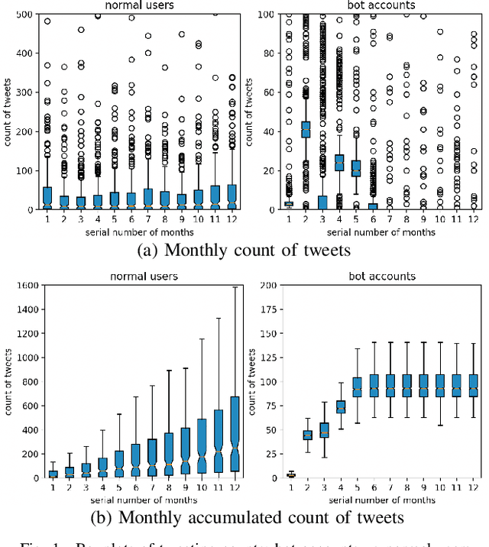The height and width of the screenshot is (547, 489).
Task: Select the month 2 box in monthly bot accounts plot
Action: pyautogui.click(x=306, y=129)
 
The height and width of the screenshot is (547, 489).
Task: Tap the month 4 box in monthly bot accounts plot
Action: pyautogui.click(x=338, y=163)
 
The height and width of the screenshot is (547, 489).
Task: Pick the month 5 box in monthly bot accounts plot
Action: pyautogui.click(x=355, y=168)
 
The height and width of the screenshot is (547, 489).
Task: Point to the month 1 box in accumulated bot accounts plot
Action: pyautogui.click(x=289, y=475)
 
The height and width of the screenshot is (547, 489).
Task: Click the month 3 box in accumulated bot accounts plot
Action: pyautogui.click(x=323, y=430)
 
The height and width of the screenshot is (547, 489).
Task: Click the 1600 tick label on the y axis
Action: pyautogui.click(x=28, y=286)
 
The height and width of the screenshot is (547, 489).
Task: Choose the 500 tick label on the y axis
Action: pyautogui.click(x=23, y=15)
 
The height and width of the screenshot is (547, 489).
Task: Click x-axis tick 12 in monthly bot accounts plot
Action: pyautogui.click(x=474, y=218)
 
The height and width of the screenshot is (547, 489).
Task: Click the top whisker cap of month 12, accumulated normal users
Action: pyautogui.click(x=233, y=288)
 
